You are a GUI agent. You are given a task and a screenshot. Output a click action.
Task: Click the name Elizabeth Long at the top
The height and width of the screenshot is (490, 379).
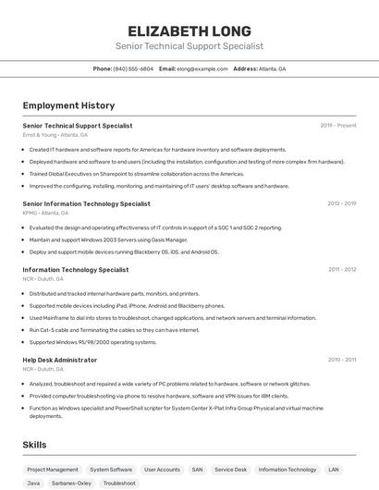click(189, 31)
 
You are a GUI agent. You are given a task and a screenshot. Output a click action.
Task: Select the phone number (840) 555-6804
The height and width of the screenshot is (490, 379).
click(133, 68)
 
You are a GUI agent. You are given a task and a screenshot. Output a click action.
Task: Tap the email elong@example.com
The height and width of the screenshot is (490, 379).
click(202, 68)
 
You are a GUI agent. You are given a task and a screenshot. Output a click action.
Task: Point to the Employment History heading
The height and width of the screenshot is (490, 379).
click(68, 105)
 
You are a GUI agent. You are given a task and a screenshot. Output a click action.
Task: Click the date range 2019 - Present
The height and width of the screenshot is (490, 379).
click(338, 125)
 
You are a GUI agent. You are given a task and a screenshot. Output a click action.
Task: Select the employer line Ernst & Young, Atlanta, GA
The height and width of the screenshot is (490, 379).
click(55, 135)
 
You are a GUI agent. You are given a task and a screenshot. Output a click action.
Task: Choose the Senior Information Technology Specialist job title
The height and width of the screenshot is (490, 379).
click(86, 203)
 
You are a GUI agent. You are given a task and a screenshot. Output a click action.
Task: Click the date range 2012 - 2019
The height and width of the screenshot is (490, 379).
click(341, 203)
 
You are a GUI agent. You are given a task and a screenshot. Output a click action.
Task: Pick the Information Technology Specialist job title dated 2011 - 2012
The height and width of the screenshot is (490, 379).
click(75, 270)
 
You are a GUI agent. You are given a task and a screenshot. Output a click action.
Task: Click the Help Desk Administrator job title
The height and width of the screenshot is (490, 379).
click(59, 360)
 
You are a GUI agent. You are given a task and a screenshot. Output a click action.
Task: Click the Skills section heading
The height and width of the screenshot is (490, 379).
click(34, 445)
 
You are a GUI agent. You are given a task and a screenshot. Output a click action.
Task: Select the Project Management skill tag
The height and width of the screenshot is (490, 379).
click(53, 470)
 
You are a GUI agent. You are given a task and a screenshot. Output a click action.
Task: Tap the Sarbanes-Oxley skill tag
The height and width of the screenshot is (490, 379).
click(71, 483)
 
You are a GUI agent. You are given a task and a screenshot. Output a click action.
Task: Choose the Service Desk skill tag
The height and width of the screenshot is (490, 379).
click(231, 470)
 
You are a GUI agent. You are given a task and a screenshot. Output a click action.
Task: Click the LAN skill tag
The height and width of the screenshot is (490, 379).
click(334, 470)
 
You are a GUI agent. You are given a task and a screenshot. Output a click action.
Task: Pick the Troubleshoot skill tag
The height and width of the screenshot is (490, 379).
click(119, 483)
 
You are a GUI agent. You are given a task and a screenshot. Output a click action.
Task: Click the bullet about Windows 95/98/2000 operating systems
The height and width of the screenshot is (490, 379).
click(92, 342)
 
